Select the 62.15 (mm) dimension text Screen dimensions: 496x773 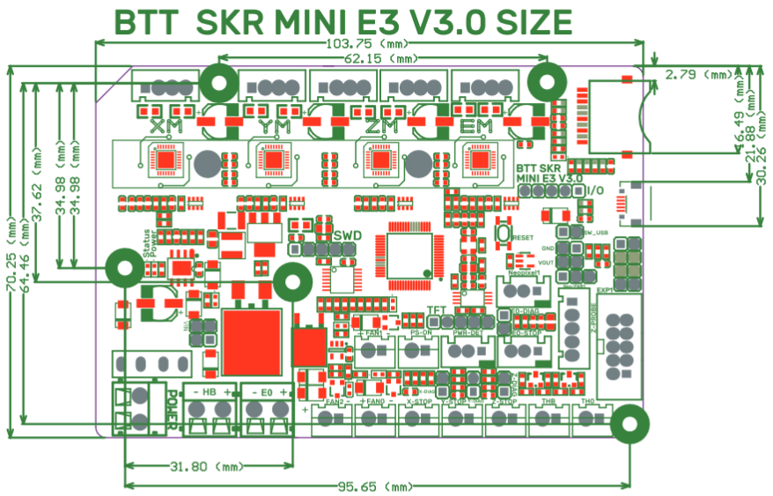click(380, 59)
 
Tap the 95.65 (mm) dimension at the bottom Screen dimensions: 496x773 click(377, 486)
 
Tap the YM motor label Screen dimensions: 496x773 click(275, 127)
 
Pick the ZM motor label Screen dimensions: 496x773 click(380, 127)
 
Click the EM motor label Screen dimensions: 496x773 click(475, 127)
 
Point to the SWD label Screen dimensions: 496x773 click(348, 235)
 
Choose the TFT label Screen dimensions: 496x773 click(436, 310)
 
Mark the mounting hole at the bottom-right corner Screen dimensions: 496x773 click(629, 424)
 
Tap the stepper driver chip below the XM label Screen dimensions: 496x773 click(166, 160)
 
